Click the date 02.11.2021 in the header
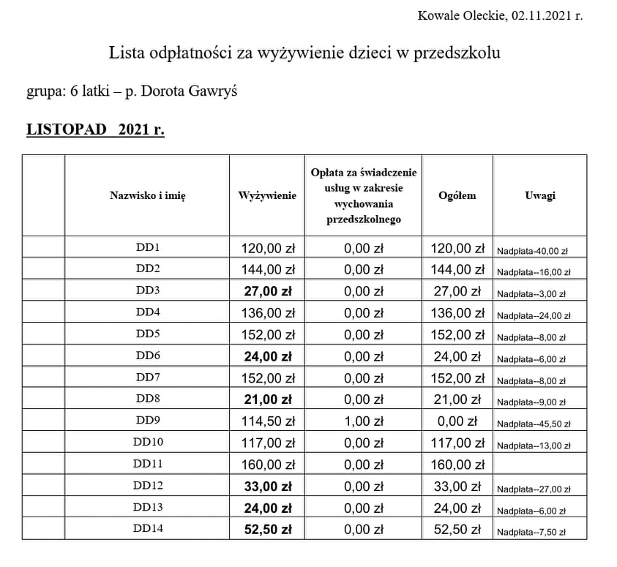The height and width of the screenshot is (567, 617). click(x=541, y=15)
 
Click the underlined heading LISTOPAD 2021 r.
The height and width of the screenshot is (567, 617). click(x=95, y=130)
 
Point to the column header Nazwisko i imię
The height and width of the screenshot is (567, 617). click(x=147, y=195)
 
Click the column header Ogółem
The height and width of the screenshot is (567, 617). click(x=457, y=195)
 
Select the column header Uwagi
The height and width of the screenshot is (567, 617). click(x=539, y=195)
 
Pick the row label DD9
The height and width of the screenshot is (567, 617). click(x=147, y=421)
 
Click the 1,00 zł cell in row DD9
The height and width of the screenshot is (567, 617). click(x=363, y=422)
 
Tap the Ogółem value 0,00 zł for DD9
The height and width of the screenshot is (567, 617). click(x=457, y=422)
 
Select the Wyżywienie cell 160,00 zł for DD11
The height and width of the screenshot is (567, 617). click(x=267, y=465)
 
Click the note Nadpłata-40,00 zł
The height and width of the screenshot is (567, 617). click(x=532, y=251)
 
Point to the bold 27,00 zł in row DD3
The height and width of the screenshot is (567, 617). click(x=267, y=291)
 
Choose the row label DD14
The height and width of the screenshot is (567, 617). click(x=147, y=530)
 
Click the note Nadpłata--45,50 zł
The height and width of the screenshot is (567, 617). click(x=534, y=424)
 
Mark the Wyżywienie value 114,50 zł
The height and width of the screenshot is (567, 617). click(x=267, y=422)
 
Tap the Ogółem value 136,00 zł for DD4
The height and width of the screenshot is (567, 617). click(x=457, y=313)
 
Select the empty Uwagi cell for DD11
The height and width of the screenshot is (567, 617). click(x=539, y=465)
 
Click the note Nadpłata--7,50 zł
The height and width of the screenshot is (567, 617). click(x=532, y=532)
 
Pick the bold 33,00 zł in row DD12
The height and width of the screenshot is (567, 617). click(x=267, y=487)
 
